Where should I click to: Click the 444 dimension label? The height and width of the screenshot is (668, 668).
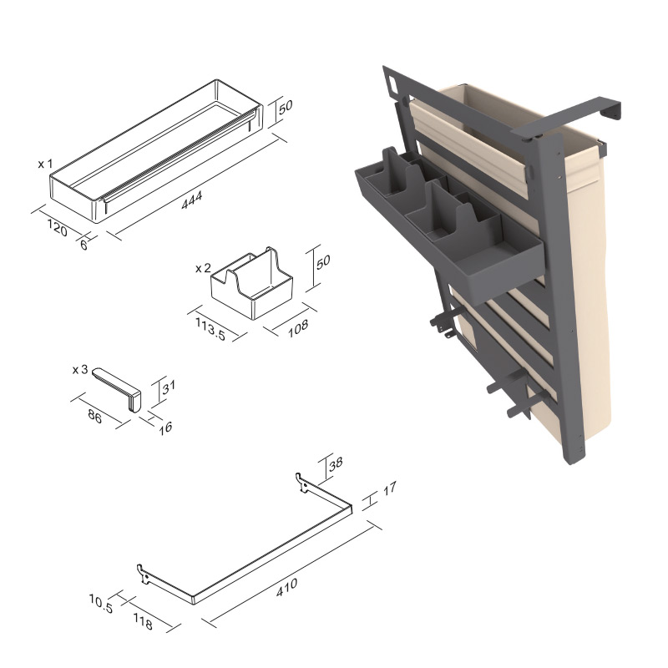pos(192,200)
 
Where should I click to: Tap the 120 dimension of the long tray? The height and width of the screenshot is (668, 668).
pos(57,228)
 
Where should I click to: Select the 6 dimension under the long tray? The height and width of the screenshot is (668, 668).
pos(84,245)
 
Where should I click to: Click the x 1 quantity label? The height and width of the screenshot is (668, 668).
pos(45,164)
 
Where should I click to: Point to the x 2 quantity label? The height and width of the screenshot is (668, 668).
pos(203,268)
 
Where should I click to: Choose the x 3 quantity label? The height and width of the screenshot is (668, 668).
pos(80,370)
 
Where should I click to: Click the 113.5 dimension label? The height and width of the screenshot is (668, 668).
pos(210,328)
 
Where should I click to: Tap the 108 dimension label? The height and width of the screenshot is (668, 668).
pos(298,328)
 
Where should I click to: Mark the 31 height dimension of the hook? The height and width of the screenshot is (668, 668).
pos(169,387)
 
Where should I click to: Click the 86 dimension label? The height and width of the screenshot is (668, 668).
pos(94,416)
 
